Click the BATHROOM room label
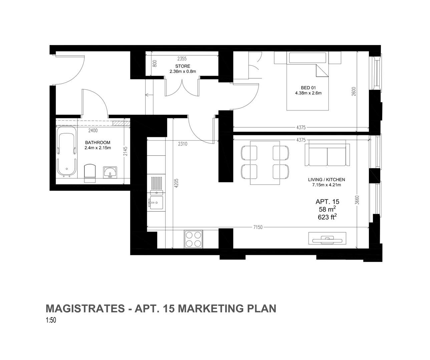[x=97, y=143]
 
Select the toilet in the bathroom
[x=89, y=173]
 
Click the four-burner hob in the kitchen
[x=193, y=239]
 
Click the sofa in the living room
[x=327, y=155]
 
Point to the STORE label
[x=182, y=66]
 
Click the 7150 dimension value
[x=258, y=227]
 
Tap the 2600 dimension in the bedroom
[x=354, y=92]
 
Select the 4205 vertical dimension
[x=176, y=183]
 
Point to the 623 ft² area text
[x=327, y=217]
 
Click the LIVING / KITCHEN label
[x=326, y=180]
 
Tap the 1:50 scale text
[x=51, y=320]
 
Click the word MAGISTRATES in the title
[x=84, y=308]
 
